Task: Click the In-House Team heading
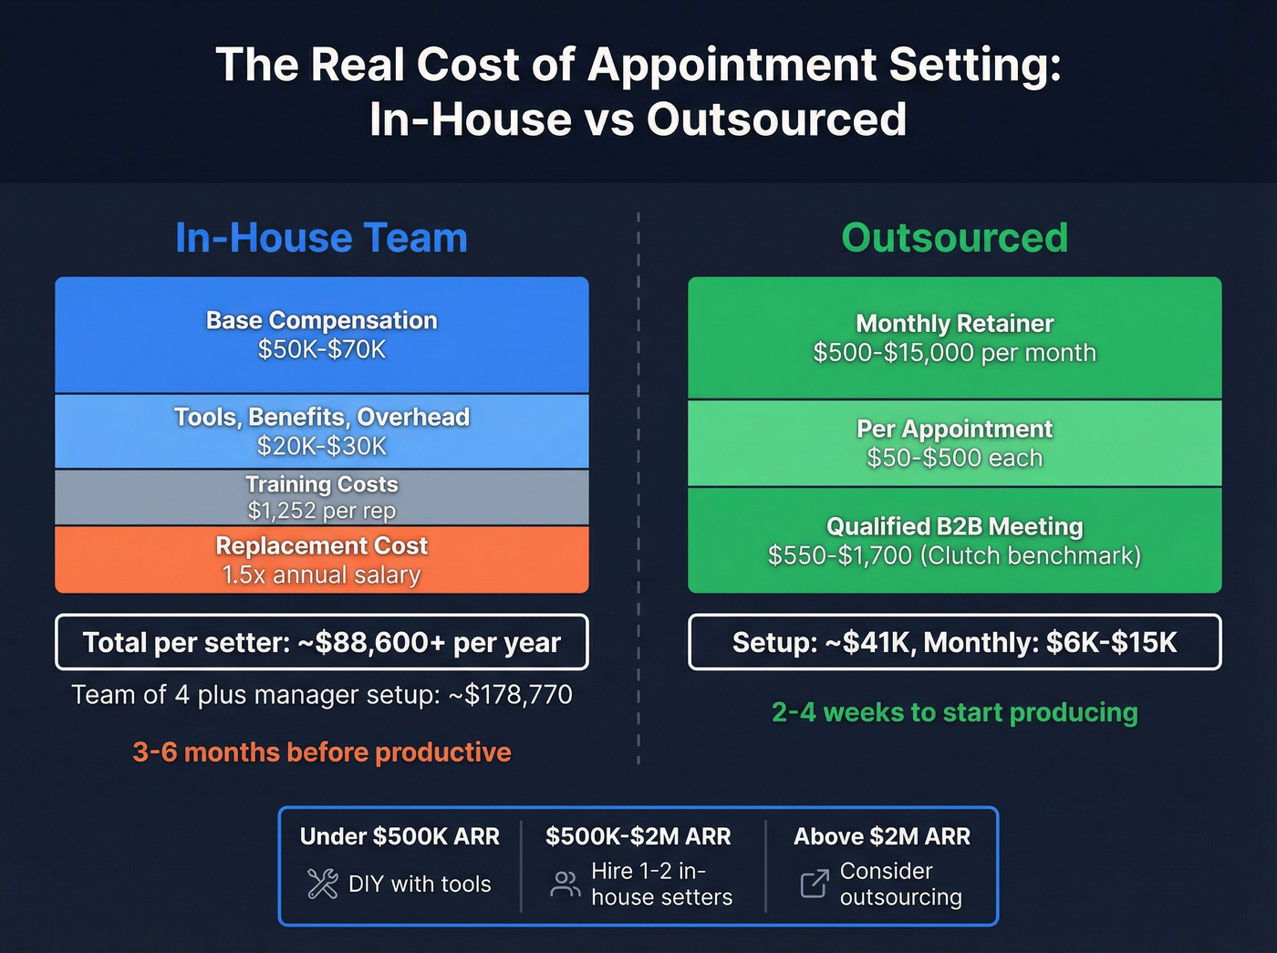pyautogui.click(x=321, y=238)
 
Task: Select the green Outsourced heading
pyautogui.click(x=954, y=238)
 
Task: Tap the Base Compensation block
pyautogui.click(x=321, y=335)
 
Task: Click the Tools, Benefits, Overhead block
pyautogui.click(x=321, y=431)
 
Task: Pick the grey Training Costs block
pyautogui.click(x=321, y=497)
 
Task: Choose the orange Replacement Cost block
pyautogui.click(x=321, y=559)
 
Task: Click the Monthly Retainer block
pyautogui.click(x=954, y=337)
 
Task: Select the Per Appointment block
pyautogui.click(x=954, y=443)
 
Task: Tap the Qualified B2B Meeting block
pyautogui.click(x=954, y=540)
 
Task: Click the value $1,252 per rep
pyautogui.click(x=321, y=511)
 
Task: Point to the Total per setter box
pyautogui.click(x=321, y=642)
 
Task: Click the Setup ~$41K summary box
pyautogui.click(x=954, y=642)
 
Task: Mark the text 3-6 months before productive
pyautogui.click(x=321, y=752)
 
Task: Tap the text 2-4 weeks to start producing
pyautogui.click(x=954, y=712)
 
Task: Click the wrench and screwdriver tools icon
pyautogui.click(x=322, y=884)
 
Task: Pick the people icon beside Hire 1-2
pyautogui.click(x=565, y=884)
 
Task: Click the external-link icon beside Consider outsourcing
pyautogui.click(x=814, y=883)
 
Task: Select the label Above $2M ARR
pyautogui.click(x=881, y=836)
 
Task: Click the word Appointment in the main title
pyautogui.click(x=732, y=65)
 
